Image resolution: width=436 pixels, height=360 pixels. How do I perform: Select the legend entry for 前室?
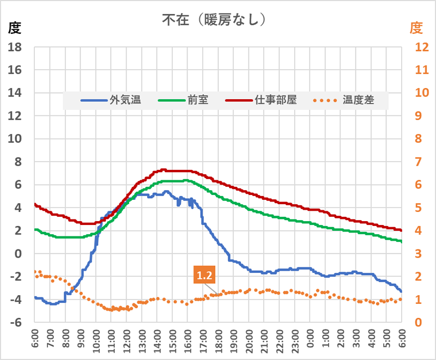[x=184, y=100]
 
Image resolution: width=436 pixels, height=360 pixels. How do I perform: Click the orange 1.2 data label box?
[x=204, y=276]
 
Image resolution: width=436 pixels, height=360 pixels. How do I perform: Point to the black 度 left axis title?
[x=15, y=27]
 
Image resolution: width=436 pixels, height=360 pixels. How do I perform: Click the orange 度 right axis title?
[x=416, y=27]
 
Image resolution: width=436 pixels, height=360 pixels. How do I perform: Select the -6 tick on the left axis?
[x=15, y=322]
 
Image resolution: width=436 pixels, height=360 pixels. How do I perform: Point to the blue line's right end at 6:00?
[x=402, y=291]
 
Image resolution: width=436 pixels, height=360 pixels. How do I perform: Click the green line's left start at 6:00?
[x=35, y=229]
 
